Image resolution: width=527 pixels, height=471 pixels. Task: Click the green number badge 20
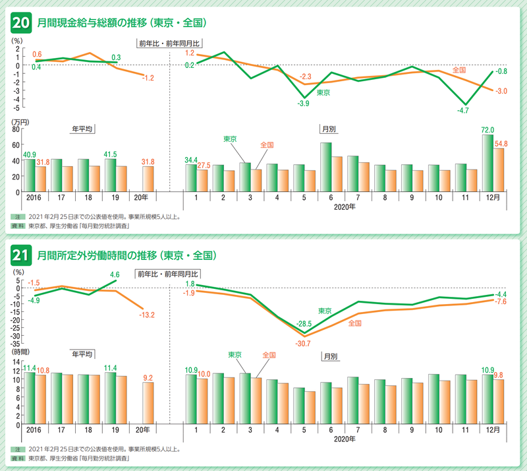20,23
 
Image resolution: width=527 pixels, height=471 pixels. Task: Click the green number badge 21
20,255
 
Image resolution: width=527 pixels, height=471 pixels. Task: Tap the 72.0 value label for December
487,130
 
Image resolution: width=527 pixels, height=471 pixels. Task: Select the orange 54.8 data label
501,143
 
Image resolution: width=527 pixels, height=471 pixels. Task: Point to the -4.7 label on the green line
464,111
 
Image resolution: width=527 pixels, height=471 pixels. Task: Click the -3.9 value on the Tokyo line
304,104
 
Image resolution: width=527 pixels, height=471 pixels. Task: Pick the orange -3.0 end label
501,90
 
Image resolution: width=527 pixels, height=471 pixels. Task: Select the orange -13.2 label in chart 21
147,315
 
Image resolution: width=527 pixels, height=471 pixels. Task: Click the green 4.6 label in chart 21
115,274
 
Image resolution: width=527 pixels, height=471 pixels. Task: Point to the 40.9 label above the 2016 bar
30,155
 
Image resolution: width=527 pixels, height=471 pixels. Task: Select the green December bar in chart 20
487,163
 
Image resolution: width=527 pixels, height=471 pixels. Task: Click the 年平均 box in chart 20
82,130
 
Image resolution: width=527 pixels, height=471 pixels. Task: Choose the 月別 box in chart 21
329,356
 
